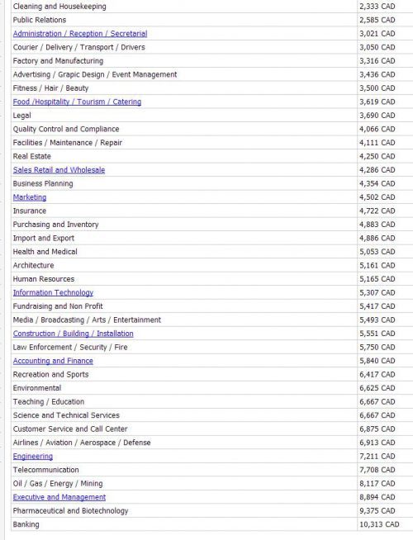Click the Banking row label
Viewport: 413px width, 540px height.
26,524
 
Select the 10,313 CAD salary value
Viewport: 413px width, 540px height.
378,524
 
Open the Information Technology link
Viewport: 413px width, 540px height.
53,292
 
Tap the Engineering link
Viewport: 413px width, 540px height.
33,456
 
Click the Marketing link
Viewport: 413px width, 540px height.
30,197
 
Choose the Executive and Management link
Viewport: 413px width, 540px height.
59,497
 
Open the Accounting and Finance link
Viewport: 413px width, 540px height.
53,361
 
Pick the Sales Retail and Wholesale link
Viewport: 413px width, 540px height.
59,170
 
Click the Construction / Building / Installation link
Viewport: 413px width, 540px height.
73,334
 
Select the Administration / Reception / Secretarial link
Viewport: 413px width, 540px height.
80,34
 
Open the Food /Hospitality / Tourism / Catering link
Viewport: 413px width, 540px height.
77,102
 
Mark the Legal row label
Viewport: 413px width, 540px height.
22,116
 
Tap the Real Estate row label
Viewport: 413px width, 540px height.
32,156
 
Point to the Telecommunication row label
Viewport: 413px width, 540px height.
46,470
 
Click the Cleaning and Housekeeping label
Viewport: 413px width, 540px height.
59,7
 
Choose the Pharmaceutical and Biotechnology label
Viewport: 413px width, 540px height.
71,510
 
